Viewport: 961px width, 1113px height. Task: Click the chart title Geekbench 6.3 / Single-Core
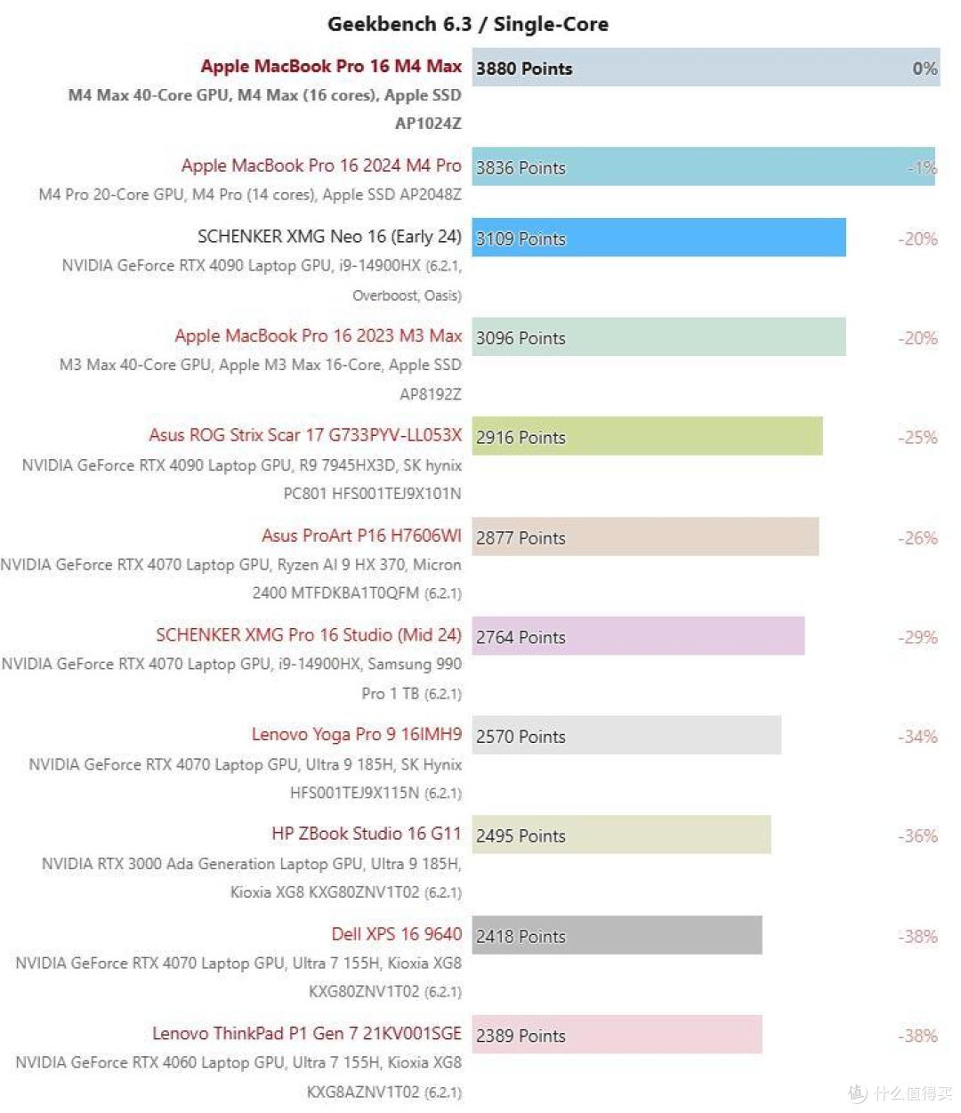(468, 24)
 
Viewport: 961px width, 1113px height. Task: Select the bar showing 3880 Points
(706, 68)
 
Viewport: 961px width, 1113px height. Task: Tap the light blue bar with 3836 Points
(703, 167)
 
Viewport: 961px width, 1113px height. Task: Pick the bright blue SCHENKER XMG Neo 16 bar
(658, 238)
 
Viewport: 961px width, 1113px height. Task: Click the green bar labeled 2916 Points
(647, 437)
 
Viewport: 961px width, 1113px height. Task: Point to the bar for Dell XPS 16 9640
(617, 936)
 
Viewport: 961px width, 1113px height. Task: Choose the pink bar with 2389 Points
(617, 1036)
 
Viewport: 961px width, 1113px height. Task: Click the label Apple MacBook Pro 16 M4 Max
(331, 67)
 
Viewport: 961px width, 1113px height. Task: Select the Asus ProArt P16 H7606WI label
(361, 536)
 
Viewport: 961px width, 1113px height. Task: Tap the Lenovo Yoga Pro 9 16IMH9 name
(357, 735)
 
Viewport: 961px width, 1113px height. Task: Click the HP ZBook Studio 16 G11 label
(367, 834)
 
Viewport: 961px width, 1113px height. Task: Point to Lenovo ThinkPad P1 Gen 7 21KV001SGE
(307, 1034)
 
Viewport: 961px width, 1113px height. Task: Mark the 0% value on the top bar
(925, 69)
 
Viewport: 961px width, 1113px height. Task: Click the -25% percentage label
(917, 438)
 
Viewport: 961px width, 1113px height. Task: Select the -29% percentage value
(917, 638)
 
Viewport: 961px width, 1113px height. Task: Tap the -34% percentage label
(917, 737)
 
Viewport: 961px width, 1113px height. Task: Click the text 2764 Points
(521, 638)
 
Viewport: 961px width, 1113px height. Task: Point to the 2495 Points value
(521, 836)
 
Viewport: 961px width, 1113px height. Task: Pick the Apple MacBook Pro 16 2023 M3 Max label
(319, 336)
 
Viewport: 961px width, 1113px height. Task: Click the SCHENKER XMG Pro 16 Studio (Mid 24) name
(309, 635)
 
